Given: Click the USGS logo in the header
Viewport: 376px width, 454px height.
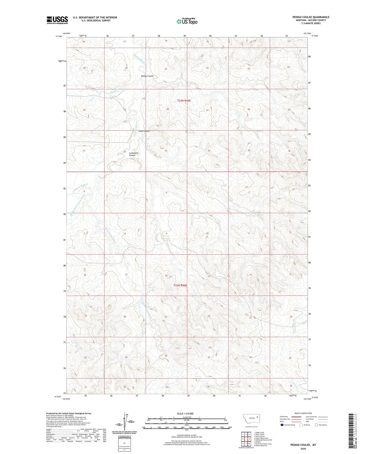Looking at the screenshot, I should (57, 20).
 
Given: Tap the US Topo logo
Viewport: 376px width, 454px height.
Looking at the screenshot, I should (186, 21).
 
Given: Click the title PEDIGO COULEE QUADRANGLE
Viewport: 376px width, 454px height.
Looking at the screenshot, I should (311, 17).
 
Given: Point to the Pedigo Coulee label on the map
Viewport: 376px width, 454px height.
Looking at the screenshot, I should (147, 76).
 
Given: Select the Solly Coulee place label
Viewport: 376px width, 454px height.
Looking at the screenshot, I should (144, 131).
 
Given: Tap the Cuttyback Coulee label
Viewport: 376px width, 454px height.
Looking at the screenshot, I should (133, 154).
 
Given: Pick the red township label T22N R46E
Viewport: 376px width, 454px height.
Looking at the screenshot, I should (180, 285).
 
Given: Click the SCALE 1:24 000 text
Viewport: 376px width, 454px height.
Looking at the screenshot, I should (185, 413).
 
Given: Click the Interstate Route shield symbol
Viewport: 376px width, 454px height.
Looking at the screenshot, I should (282, 425).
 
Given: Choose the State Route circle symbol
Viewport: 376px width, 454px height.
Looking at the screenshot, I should (316, 425).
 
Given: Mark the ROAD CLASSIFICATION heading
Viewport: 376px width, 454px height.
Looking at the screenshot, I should (303, 413).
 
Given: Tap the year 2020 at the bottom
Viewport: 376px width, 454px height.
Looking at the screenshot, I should (303, 449).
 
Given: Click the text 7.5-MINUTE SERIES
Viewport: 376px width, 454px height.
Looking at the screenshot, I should (311, 23).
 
